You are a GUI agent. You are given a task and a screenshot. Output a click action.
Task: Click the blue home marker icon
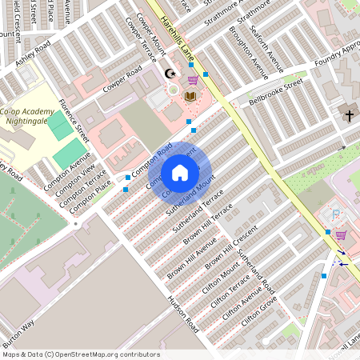[180, 172]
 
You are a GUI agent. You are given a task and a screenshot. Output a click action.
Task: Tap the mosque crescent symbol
[169, 74]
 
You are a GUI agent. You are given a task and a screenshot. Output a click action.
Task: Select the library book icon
[190, 97]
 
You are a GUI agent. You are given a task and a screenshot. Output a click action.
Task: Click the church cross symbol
[349, 116]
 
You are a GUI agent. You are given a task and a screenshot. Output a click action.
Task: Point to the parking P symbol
[336, 214]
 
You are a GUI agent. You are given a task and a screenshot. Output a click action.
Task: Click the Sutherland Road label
[256, 273]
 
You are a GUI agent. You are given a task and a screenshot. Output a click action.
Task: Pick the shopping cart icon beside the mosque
[193, 79]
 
